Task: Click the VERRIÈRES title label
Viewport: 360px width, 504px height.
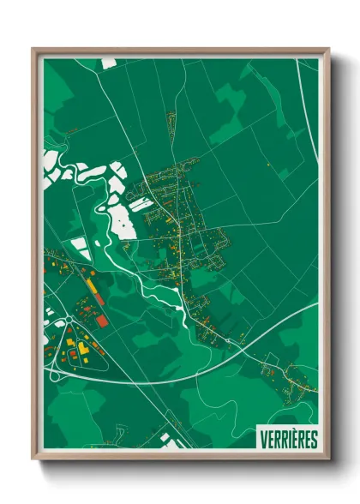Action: pyautogui.click(x=287, y=439)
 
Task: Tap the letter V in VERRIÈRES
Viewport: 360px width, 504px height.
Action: pyautogui.click(x=262, y=439)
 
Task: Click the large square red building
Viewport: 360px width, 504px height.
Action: pyautogui.click(x=102, y=321)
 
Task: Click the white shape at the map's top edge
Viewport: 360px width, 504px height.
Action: pyautogui.click(x=109, y=63)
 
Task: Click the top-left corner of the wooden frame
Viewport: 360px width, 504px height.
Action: pyautogui.click(x=33, y=49)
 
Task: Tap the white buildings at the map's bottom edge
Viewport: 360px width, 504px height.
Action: pyautogui.click(x=165, y=440)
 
